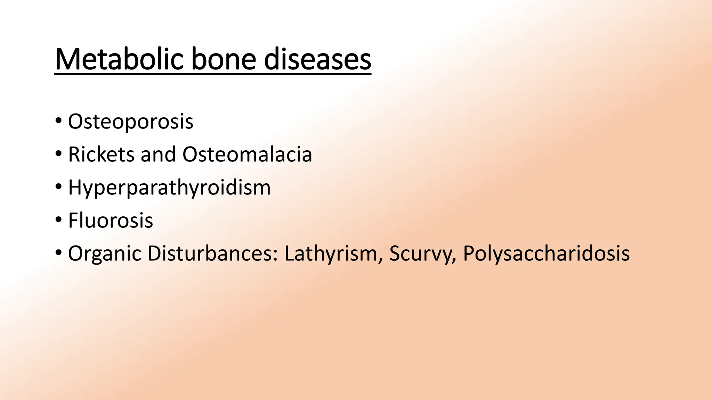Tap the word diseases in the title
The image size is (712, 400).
coord(317,60)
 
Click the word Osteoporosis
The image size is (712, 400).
coord(131,122)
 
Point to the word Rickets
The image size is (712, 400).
coord(101,155)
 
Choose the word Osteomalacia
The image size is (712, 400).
coord(247,155)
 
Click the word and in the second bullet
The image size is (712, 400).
coord(158,155)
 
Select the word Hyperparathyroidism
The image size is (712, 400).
coord(169,188)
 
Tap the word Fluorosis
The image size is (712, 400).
coord(111,220)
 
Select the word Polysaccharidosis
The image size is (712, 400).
coord(546,254)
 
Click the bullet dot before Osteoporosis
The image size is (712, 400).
coord(58,121)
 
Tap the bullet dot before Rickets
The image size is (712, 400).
coord(58,153)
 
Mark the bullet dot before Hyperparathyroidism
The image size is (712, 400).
coord(58,186)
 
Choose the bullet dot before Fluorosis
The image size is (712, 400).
coord(58,219)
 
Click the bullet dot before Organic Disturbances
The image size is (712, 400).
coord(58,252)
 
